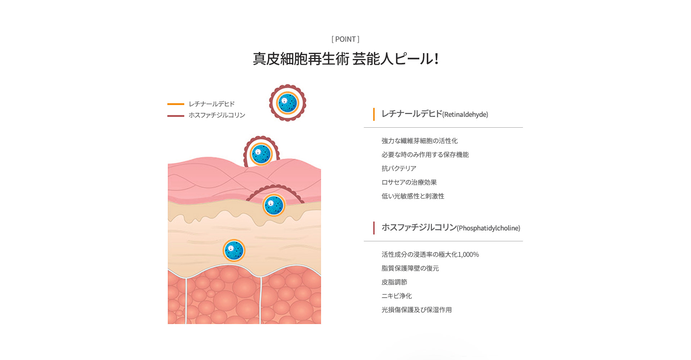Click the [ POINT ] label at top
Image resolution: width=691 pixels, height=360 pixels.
tap(345, 39)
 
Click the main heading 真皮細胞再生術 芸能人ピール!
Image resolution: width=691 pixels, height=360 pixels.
tap(345, 59)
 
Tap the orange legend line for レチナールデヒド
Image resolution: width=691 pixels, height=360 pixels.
tap(176, 104)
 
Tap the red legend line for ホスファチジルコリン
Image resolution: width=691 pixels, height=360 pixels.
tap(176, 116)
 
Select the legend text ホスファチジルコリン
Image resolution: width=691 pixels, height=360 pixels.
tap(217, 115)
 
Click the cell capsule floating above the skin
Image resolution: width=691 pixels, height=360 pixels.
tap(288, 103)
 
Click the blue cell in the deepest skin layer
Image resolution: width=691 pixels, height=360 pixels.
tap(234, 250)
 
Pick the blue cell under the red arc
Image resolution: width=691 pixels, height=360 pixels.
tap(274, 205)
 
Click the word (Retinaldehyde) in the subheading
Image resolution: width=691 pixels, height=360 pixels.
tap(465, 115)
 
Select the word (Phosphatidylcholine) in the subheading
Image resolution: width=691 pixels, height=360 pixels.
tap(489, 228)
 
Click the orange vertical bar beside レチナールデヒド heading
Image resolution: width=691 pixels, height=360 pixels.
tap(374, 114)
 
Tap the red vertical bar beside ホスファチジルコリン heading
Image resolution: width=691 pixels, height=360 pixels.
tap(374, 228)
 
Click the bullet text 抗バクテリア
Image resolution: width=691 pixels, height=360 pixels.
tap(399, 168)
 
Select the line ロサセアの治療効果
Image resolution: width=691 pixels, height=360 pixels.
tap(409, 182)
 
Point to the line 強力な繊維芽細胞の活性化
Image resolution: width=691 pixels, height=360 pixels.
tap(420, 141)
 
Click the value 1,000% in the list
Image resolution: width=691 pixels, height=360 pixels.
tap(468, 255)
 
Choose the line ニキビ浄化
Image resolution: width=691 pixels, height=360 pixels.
tap(397, 296)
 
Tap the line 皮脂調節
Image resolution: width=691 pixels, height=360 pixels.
tap(394, 282)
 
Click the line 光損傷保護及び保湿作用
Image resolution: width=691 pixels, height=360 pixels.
tap(417, 310)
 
